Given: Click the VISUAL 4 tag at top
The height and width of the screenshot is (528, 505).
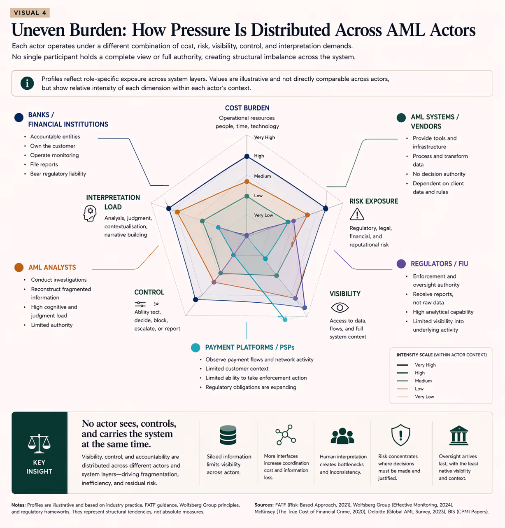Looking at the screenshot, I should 30,13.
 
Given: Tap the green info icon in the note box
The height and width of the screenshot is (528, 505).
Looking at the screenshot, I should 27,83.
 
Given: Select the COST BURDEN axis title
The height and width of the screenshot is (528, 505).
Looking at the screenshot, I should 247,108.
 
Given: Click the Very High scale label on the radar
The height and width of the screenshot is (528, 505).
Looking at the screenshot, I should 264,138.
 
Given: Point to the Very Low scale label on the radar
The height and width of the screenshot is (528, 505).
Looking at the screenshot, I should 263,215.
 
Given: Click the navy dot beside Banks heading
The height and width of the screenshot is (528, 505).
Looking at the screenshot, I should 19,118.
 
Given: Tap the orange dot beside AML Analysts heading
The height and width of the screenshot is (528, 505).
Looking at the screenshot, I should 19,268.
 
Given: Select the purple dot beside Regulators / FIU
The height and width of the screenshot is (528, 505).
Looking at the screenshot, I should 401,264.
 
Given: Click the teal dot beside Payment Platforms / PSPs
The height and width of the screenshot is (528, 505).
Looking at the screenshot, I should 195,348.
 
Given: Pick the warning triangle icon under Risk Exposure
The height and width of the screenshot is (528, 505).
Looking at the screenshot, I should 357,214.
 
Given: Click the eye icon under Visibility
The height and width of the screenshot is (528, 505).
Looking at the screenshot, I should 340,307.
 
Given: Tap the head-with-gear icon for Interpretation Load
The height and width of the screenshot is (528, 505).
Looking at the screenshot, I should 90,213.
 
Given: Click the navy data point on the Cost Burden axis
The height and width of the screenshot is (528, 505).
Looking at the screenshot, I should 247,156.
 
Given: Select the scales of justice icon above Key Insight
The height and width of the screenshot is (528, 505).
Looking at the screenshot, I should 39,442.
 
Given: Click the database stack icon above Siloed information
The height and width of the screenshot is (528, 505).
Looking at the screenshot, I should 228,435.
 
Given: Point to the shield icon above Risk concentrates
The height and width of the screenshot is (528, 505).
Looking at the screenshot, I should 400,435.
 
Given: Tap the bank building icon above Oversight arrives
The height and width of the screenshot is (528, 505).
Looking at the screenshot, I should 458,435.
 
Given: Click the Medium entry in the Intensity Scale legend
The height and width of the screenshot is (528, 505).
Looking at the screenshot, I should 423,381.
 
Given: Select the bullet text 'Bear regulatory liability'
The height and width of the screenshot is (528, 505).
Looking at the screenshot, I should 58,174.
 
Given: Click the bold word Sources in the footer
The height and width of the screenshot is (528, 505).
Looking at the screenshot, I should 264,505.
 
